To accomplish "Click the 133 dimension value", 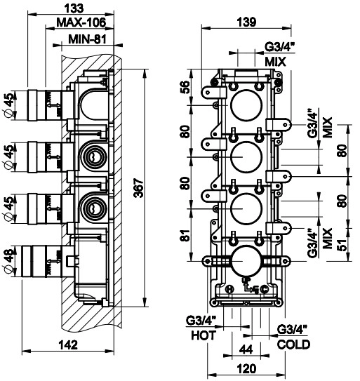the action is [x=74, y=8].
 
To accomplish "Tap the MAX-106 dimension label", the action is [x=81, y=22].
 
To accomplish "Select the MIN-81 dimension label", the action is [x=87, y=39].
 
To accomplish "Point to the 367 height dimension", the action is [x=139, y=188].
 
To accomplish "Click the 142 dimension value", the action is [x=68, y=345].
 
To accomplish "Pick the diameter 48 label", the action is [x=9, y=262].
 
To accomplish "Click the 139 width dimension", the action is [x=246, y=22].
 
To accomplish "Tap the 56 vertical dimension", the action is [x=185, y=87].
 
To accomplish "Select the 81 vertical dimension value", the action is [x=186, y=235].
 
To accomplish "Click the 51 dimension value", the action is [x=342, y=245].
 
